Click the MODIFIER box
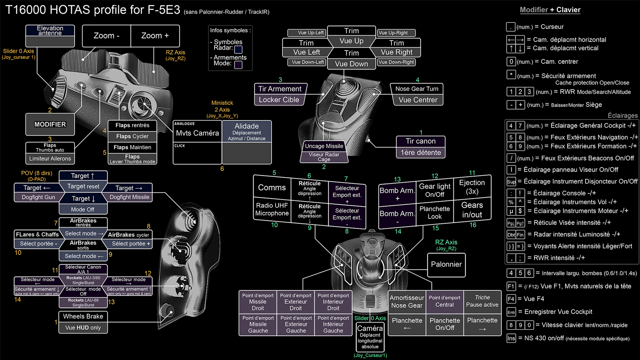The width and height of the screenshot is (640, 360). pos(50,125)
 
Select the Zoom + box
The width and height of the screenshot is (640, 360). pos(155,36)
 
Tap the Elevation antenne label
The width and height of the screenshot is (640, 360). pos(50,30)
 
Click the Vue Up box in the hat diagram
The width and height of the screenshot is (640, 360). pos(351,41)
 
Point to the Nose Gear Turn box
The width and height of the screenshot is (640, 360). pos(417,89)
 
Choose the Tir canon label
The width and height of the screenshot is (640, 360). pos(421,141)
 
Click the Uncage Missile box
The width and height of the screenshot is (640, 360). pos(324,146)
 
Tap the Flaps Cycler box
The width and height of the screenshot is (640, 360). pos(132,136)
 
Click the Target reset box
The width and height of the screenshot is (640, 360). pos(83,187)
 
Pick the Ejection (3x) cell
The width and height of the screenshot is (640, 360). pos(472,187)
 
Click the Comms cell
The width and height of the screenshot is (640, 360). pos(272,187)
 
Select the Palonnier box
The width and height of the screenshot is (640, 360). pos(446,264)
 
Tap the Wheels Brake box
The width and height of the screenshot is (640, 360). pos(83,317)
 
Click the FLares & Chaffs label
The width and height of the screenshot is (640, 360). pos(37,234)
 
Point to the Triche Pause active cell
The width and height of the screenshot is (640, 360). pos(482,301)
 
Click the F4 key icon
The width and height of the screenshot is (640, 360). pos(511,299)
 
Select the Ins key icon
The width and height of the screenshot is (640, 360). pos(511,338)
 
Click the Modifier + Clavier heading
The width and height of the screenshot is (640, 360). pos(550,10)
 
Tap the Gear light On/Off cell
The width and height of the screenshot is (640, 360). pos(434,190)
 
